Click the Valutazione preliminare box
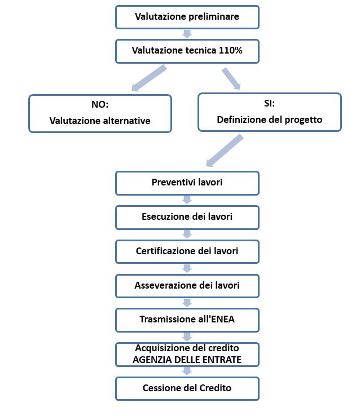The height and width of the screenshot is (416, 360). coord(187,17)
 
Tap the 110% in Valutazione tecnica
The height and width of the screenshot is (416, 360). coord(230,50)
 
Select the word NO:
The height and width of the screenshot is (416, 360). coord(100,104)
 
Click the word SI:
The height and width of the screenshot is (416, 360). coord(270,103)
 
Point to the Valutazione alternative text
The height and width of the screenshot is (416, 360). coord(100,121)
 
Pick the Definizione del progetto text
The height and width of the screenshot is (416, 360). coord(270,120)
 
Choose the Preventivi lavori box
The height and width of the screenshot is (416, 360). coord(187,183)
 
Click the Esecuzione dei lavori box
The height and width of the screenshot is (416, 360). coord(187,217)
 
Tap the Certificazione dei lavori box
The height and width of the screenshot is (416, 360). coord(187,251)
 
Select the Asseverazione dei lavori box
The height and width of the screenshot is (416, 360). coord(187,286)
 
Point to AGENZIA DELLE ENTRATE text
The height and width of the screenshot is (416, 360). coord(187,360)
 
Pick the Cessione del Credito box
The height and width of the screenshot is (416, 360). coord(187,388)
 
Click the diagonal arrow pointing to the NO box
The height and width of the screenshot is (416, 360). coord(149,78)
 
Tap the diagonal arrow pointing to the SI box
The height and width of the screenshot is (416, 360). coord(231,78)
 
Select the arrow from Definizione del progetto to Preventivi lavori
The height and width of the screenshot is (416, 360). coord(225,151)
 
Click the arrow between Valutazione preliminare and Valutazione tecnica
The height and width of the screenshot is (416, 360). coord(187,34)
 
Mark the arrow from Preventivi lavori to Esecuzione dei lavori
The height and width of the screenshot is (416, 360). coord(187,200)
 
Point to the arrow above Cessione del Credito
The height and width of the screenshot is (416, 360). coord(187,371)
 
